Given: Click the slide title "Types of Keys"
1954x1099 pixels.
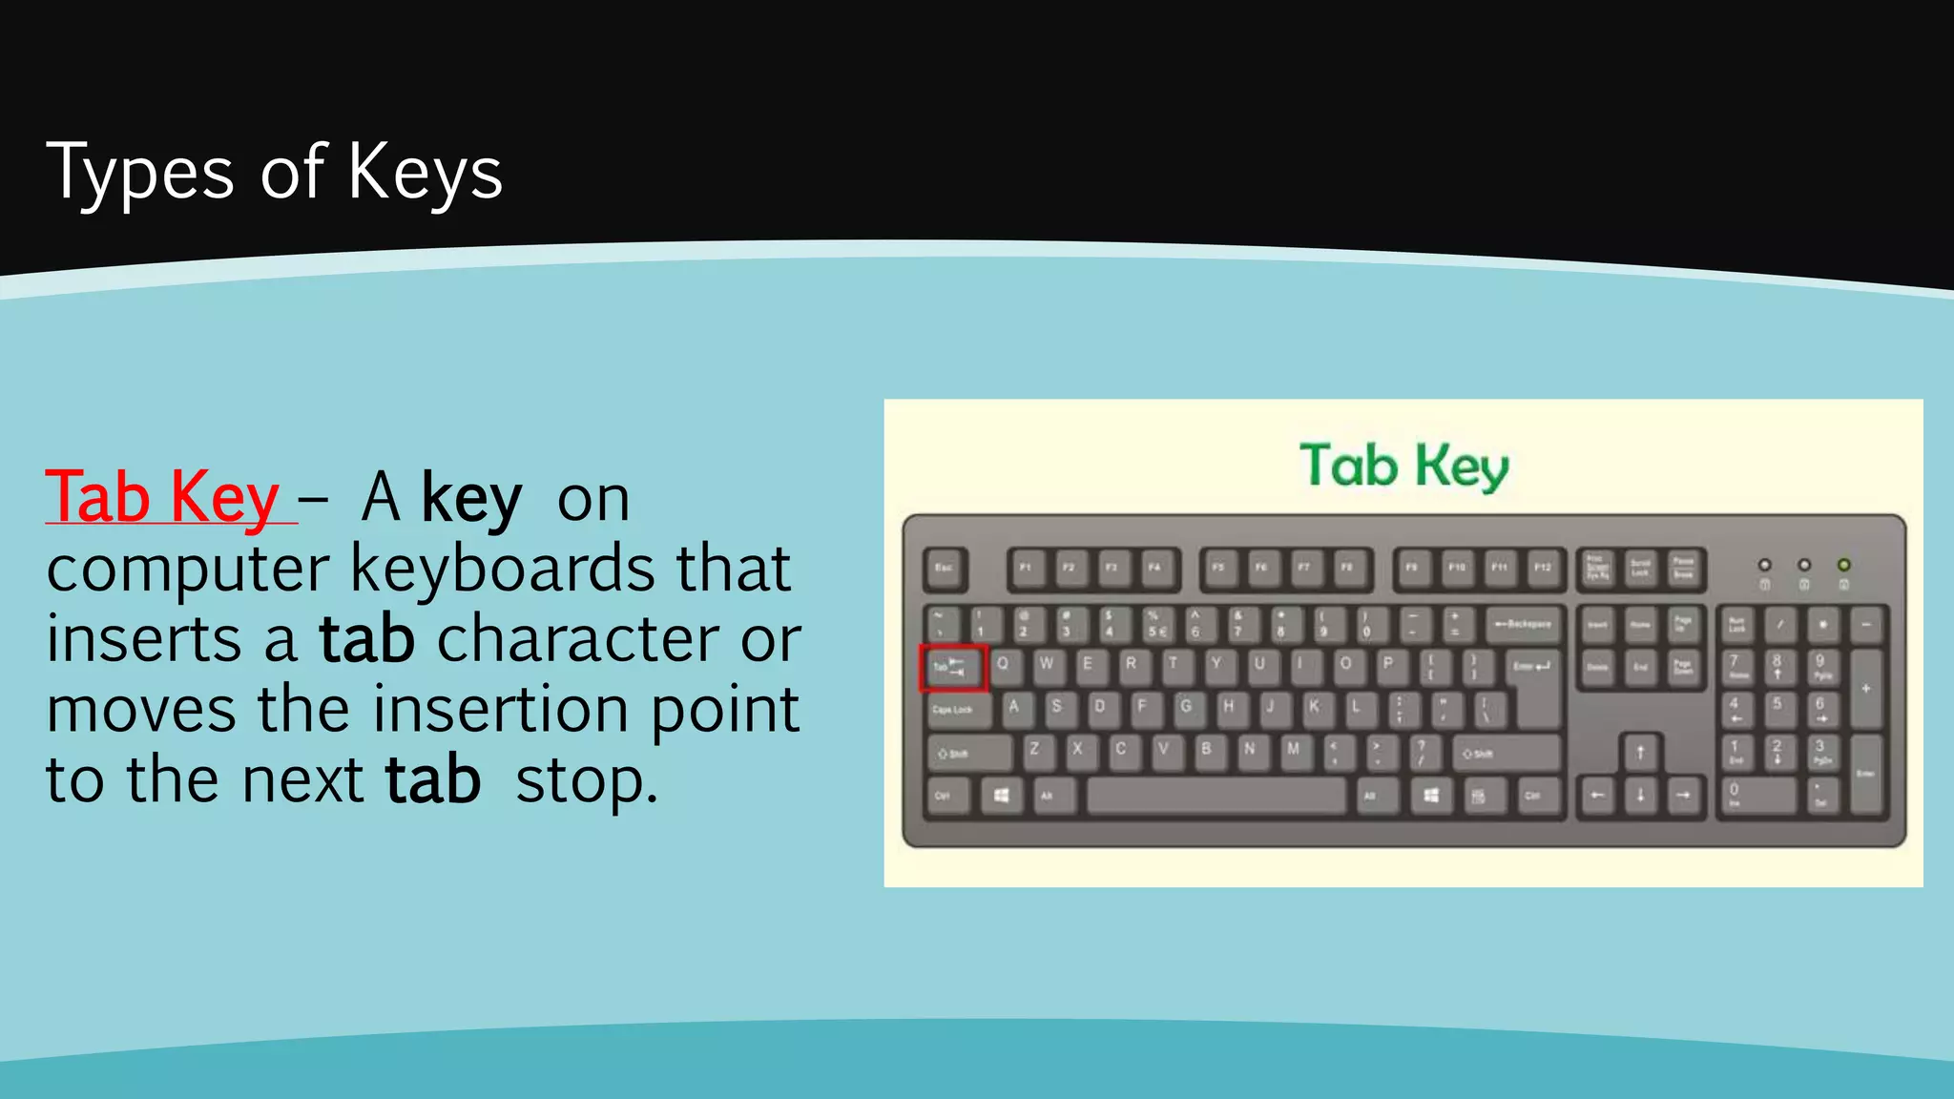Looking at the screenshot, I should click(274, 173).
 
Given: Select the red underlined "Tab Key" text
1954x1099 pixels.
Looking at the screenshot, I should click(162, 497).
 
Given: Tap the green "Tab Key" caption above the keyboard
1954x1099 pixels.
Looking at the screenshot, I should click(1403, 467).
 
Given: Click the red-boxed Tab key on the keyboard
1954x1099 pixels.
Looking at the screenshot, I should click(952, 668).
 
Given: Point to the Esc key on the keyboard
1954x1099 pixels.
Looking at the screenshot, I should click(945, 569).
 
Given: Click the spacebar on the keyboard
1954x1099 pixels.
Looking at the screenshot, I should click(1216, 796).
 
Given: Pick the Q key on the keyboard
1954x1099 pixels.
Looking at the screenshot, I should click(1002, 664).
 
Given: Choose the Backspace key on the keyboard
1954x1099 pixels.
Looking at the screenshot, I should click(1524, 625).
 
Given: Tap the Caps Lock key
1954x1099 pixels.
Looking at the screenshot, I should click(955, 710).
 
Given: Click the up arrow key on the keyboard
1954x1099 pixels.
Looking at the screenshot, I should click(1640, 753).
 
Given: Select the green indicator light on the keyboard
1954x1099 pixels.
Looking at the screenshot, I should click(1843, 565).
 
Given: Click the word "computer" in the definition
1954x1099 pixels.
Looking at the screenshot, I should click(187, 569).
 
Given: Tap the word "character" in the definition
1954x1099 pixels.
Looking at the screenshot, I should click(578, 639).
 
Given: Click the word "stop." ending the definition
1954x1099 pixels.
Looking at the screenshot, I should click(586, 780).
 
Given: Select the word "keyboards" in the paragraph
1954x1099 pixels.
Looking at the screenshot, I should click(502, 569).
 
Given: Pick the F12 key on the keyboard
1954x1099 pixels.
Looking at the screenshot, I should click(1542, 569).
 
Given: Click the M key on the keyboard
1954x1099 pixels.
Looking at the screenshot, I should click(1293, 750).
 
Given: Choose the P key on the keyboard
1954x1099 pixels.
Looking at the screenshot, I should click(1388, 664).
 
